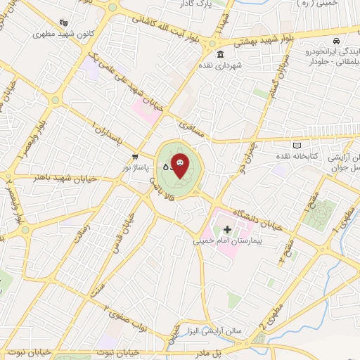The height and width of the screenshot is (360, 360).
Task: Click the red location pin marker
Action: [180, 165]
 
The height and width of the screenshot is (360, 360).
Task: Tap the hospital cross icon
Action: [227, 229]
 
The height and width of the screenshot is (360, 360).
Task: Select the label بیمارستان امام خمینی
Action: [227, 240]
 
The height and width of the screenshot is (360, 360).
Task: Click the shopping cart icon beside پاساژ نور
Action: [134, 156]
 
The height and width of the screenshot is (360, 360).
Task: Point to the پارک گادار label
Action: [213, 5]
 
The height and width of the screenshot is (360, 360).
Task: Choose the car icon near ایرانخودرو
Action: [337, 41]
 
